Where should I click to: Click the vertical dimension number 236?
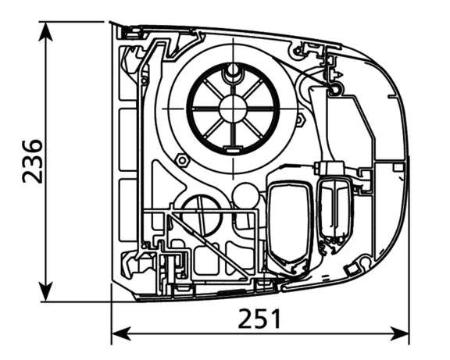33,161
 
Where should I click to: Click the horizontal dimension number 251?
259,319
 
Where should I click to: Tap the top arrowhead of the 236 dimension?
45,31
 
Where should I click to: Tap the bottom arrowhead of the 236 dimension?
45,292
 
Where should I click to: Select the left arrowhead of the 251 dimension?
121,334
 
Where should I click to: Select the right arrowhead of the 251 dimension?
399,334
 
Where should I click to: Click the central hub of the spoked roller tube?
233,109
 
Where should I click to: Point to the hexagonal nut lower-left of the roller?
182,160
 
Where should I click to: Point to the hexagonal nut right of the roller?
300,120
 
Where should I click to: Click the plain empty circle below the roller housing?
245,196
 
